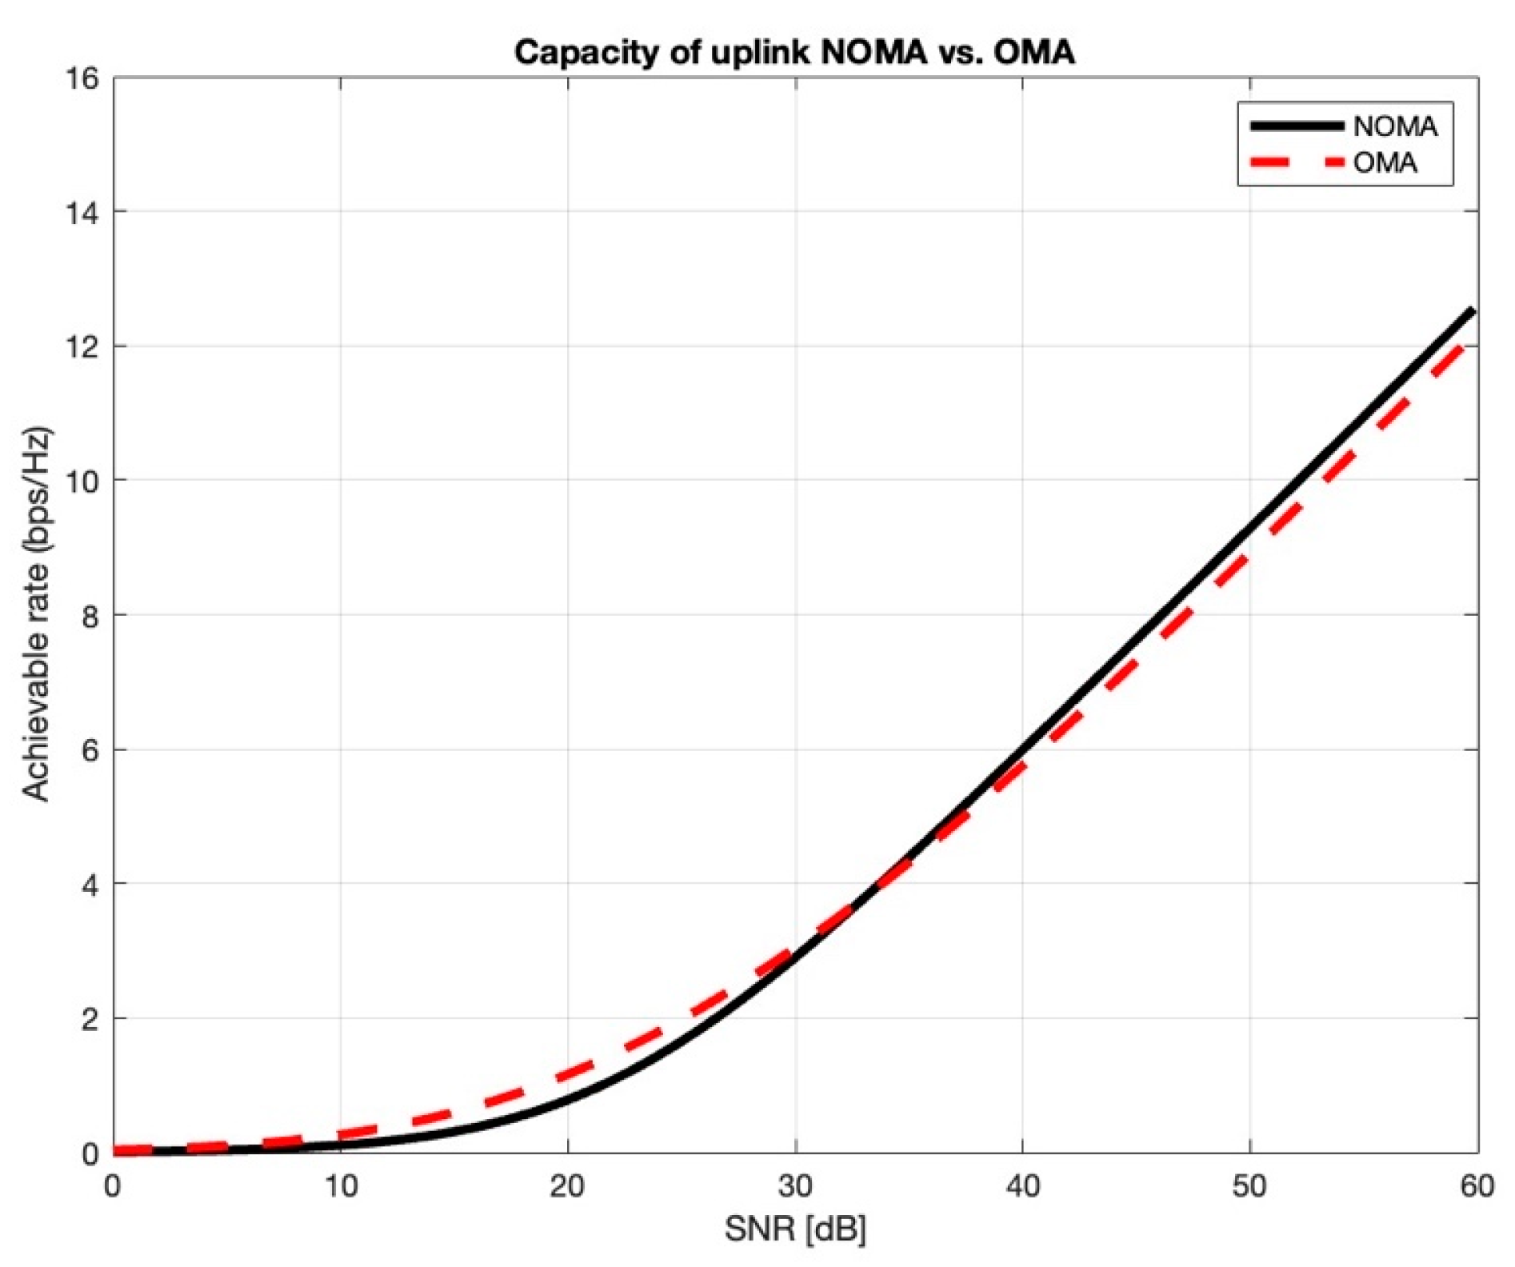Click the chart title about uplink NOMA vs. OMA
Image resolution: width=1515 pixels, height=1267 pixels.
793,53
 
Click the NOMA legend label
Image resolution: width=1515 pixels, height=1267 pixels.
1395,126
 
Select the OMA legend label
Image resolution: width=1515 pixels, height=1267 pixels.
1385,163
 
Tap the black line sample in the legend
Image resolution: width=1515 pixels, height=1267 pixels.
1296,126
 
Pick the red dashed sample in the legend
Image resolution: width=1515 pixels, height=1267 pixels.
1296,163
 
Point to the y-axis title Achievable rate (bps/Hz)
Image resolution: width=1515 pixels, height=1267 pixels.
36,614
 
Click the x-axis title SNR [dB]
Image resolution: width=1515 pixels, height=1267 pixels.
795,1229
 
